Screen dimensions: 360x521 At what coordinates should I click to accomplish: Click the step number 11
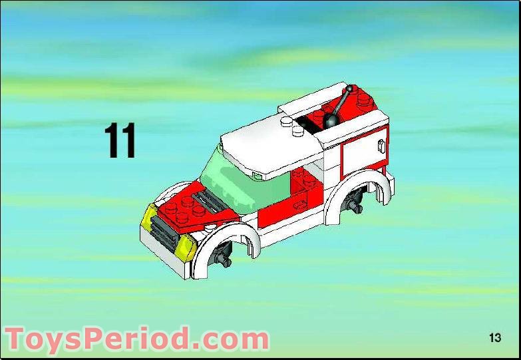click(x=120, y=140)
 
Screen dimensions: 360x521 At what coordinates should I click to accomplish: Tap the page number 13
click(x=494, y=337)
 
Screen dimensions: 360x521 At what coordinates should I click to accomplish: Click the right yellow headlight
click(x=186, y=248)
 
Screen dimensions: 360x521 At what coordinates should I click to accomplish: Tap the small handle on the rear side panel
click(x=381, y=145)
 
